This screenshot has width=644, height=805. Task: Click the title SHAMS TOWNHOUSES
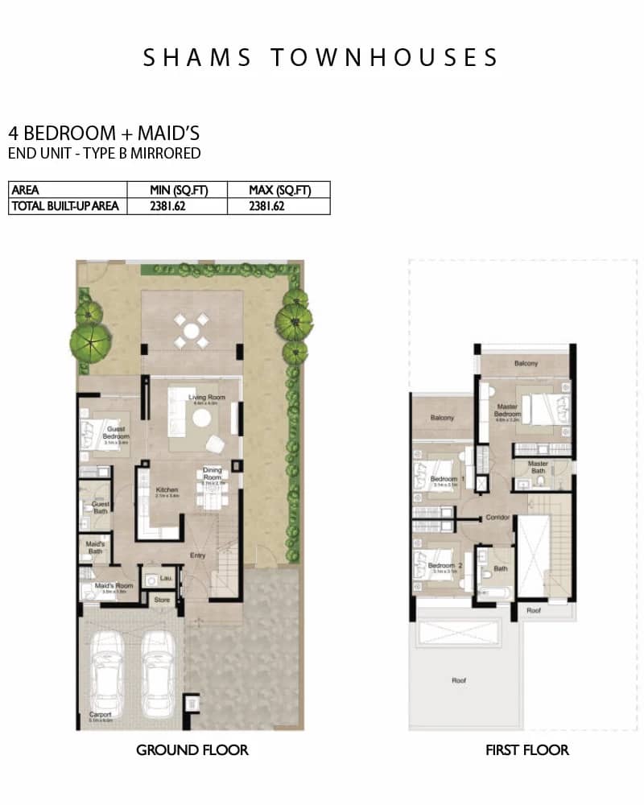[321, 57]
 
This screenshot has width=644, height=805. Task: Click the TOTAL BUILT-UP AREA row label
[64, 206]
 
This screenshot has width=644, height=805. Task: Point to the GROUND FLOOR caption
[192, 750]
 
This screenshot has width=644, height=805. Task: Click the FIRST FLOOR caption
[526, 750]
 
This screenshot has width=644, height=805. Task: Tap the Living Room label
[206, 398]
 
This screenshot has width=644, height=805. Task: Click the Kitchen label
[167, 490]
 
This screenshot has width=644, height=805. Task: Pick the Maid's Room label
[112, 585]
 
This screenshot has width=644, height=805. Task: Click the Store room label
[162, 600]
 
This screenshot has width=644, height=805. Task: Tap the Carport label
[101, 715]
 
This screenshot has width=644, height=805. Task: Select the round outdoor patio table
[191, 331]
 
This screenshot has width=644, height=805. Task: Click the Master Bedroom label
[507, 410]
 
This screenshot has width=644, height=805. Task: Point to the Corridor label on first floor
[497, 518]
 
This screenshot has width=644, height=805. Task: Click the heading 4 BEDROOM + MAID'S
[103, 133]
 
